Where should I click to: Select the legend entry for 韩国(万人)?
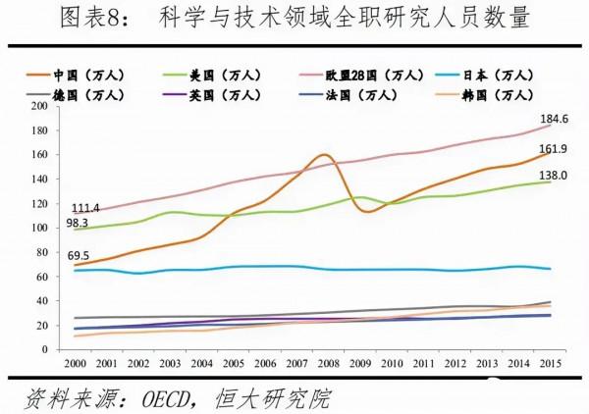[x=493, y=93]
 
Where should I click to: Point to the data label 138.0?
[x=554, y=175]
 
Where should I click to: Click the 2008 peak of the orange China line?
[x=322, y=155]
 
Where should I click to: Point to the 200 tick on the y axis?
[x=42, y=105]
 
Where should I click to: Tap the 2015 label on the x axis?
[x=551, y=363]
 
